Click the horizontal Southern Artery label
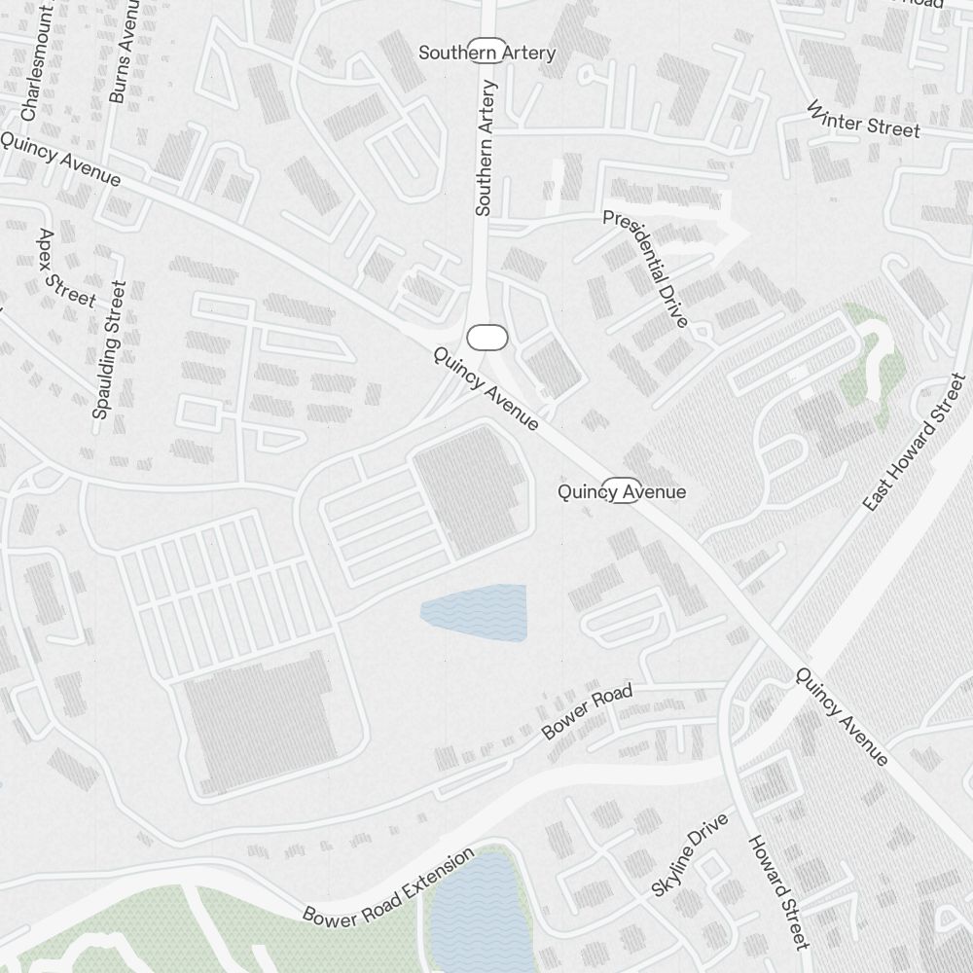(486, 53)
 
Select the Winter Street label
(863, 119)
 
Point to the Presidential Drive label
(645, 268)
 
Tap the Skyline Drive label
(689, 855)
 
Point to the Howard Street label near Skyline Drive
(778, 891)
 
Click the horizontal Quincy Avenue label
(621, 492)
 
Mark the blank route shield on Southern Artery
(487, 338)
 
